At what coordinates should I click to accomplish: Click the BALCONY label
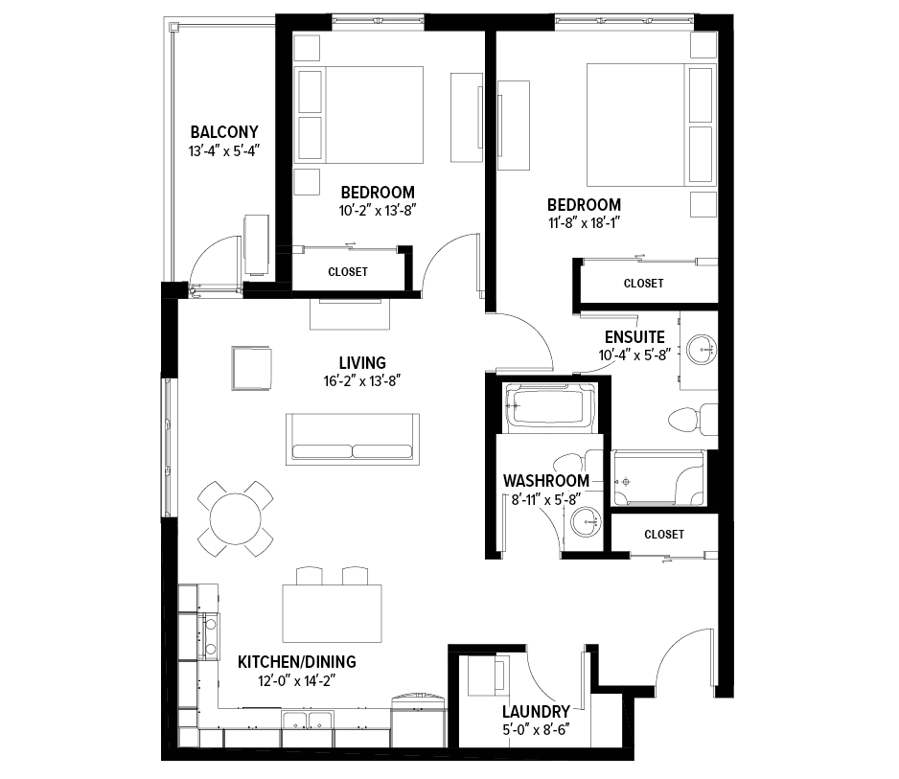tap(224, 132)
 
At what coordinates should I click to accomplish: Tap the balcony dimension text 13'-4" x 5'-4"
tap(224, 151)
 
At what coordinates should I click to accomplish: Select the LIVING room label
tap(362, 363)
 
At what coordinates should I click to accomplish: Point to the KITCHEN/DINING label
tap(297, 662)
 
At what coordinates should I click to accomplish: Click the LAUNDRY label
tap(536, 712)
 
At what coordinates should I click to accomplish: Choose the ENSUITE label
tap(634, 337)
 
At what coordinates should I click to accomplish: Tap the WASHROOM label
tap(546, 481)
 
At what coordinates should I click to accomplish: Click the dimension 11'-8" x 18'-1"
tap(585, 223)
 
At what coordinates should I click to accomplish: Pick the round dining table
tap(235, 518)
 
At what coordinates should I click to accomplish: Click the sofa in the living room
tap(353, 439)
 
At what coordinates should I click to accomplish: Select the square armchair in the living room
tap(251, 368)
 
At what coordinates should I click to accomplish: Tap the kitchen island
tap(332, 613)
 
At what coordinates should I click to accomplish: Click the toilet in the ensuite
tap(693, 420)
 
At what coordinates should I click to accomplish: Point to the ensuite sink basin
tap(702, 349)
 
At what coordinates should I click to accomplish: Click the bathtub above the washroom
tap(549, 407)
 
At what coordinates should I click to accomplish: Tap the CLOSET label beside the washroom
tap(664, 535)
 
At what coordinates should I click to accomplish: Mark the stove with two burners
tap(210, 636)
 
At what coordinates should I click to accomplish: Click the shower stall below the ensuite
tap(658, 478)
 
